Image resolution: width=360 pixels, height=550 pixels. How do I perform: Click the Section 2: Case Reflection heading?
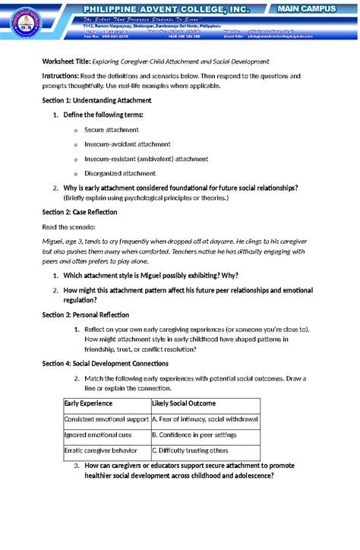point(80,212)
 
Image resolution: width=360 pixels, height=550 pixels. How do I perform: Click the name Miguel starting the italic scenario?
point(53,241)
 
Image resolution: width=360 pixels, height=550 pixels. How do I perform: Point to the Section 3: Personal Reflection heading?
point(85,315)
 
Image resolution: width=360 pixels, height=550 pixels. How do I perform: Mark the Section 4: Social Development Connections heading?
point(110,364)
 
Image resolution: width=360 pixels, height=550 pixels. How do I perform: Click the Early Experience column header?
point(88,403)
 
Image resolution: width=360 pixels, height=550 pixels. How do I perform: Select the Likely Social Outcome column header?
point(184,403)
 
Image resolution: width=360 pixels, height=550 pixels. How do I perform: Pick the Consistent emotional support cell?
point(106,419)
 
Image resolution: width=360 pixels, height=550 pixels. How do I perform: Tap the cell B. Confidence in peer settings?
point(194,435)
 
